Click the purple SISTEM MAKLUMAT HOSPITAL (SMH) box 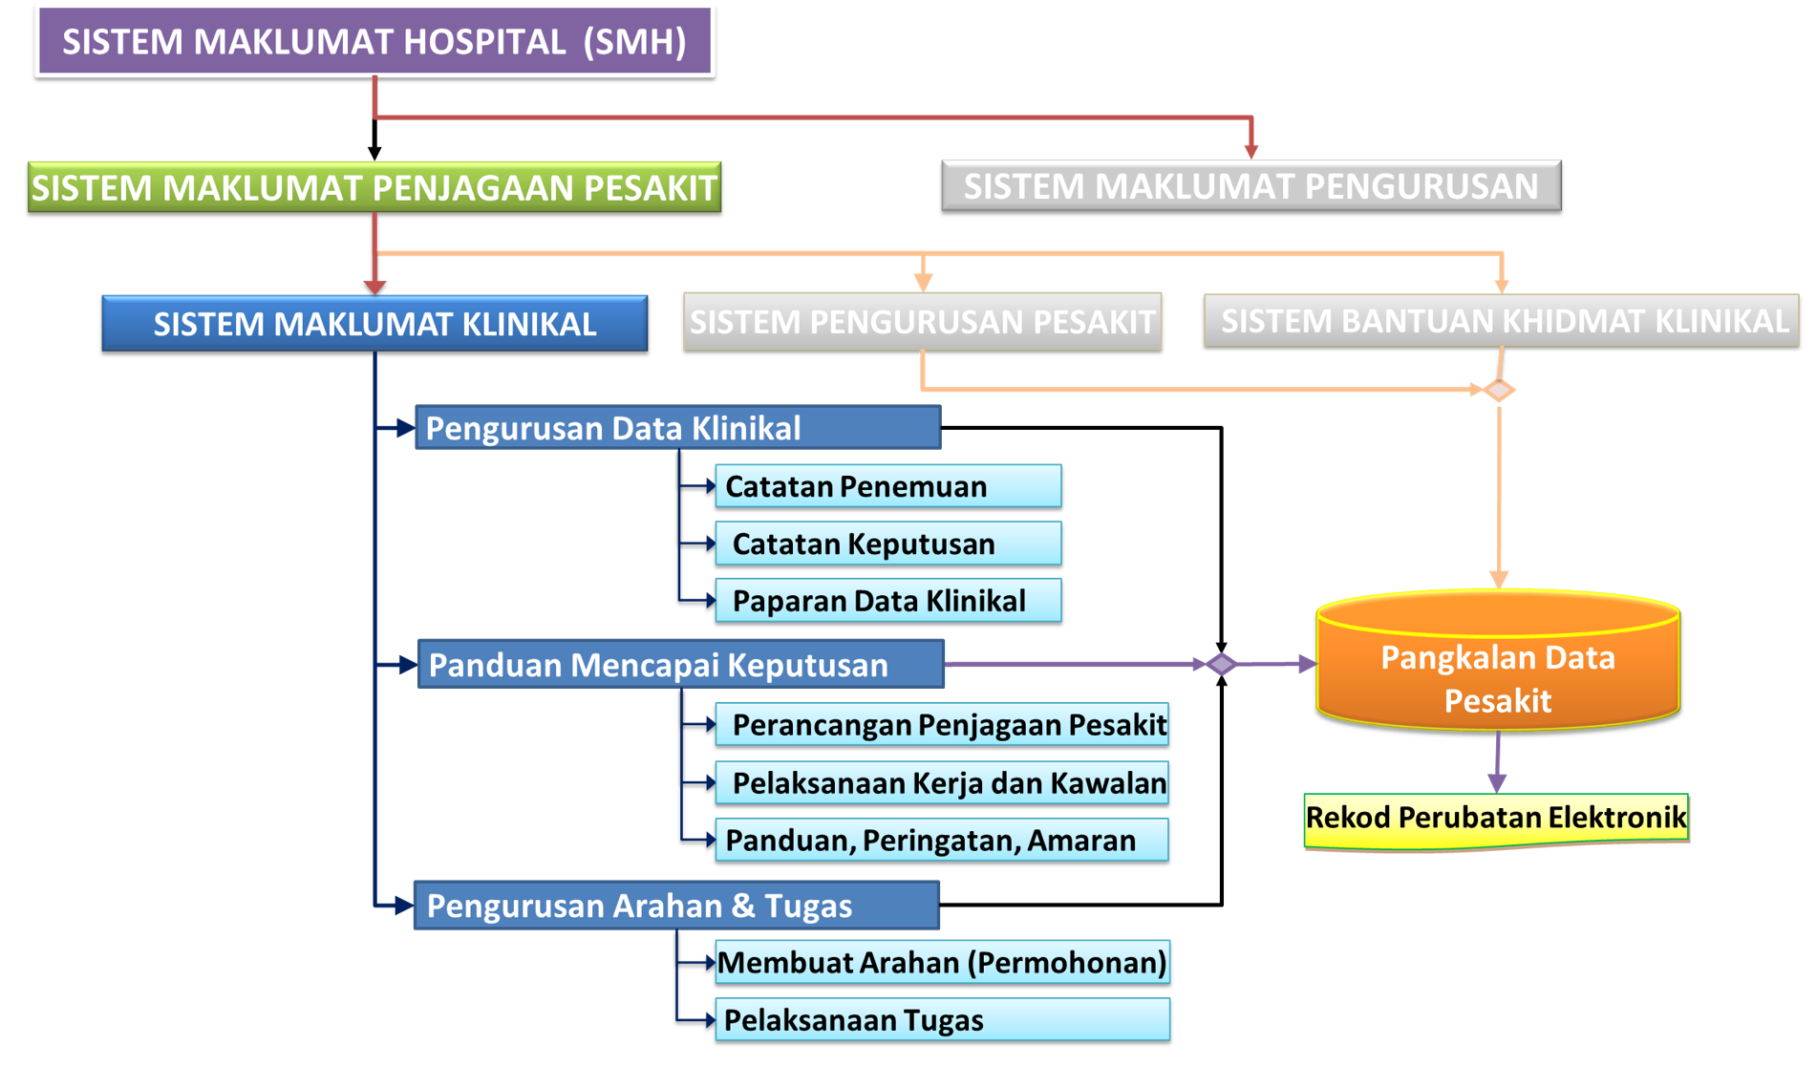tap(374, 41)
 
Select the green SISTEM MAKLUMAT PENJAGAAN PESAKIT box tap(374, 187)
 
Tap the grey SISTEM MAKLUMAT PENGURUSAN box tap(1251, 185)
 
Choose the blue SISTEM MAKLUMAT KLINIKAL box tap(374, 324)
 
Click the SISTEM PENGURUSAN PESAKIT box tap(923, 321)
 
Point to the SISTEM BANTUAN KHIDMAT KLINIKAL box tap(1502, 320)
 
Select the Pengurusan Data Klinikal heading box tap(678, 428)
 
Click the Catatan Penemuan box tap(888, 486)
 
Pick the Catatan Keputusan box tap(888, 544)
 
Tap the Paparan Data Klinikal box tap(888, 601)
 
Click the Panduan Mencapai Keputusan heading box tap(681, 664)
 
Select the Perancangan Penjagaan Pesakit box tap(942, 725)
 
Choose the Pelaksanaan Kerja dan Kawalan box tap(942, 783)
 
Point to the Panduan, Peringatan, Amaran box tap(942, 841)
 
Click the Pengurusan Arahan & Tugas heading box tap(677, 906)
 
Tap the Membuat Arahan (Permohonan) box tap(943, 962)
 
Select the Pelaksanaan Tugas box tap(943, 1019)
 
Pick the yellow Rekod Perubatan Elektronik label tap(1496, 819)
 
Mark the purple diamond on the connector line tap(1221, 664)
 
